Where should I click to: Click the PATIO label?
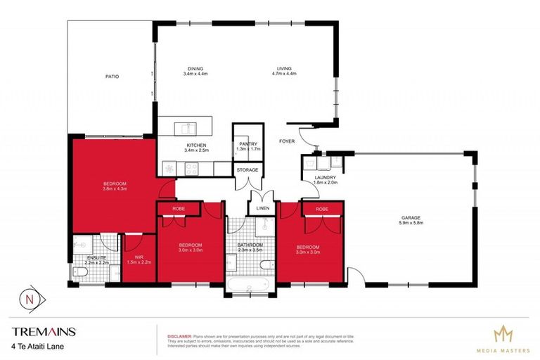[x=112, y=76]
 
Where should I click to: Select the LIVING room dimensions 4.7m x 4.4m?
[x=284, y=73]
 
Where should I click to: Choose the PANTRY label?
[x=248, y=143]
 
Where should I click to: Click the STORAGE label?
[x=247, y=169]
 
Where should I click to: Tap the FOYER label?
[x=286, y=141]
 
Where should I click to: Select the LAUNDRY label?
[x=326, y=177]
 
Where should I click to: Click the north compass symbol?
[x=28, y=297]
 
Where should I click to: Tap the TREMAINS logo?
[x=44, y=331]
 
